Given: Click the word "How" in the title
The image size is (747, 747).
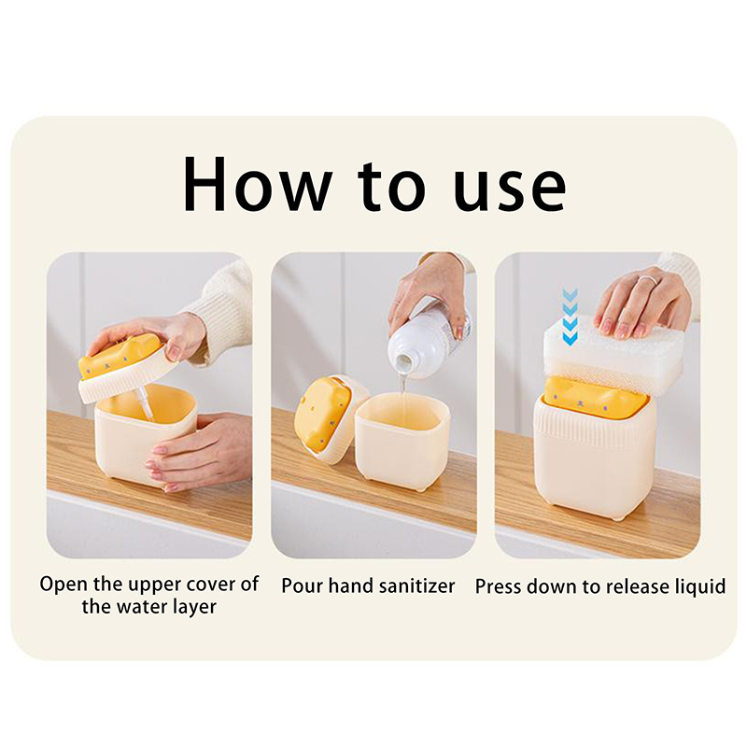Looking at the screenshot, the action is coord(258,184).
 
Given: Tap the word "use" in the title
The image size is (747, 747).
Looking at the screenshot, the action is coord(510,190).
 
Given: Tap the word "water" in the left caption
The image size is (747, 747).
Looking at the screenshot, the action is coord(143,606).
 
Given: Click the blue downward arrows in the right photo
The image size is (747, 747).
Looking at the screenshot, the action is coord(570,316).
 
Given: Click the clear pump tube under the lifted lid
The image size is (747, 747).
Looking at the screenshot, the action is coord(144,404).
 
